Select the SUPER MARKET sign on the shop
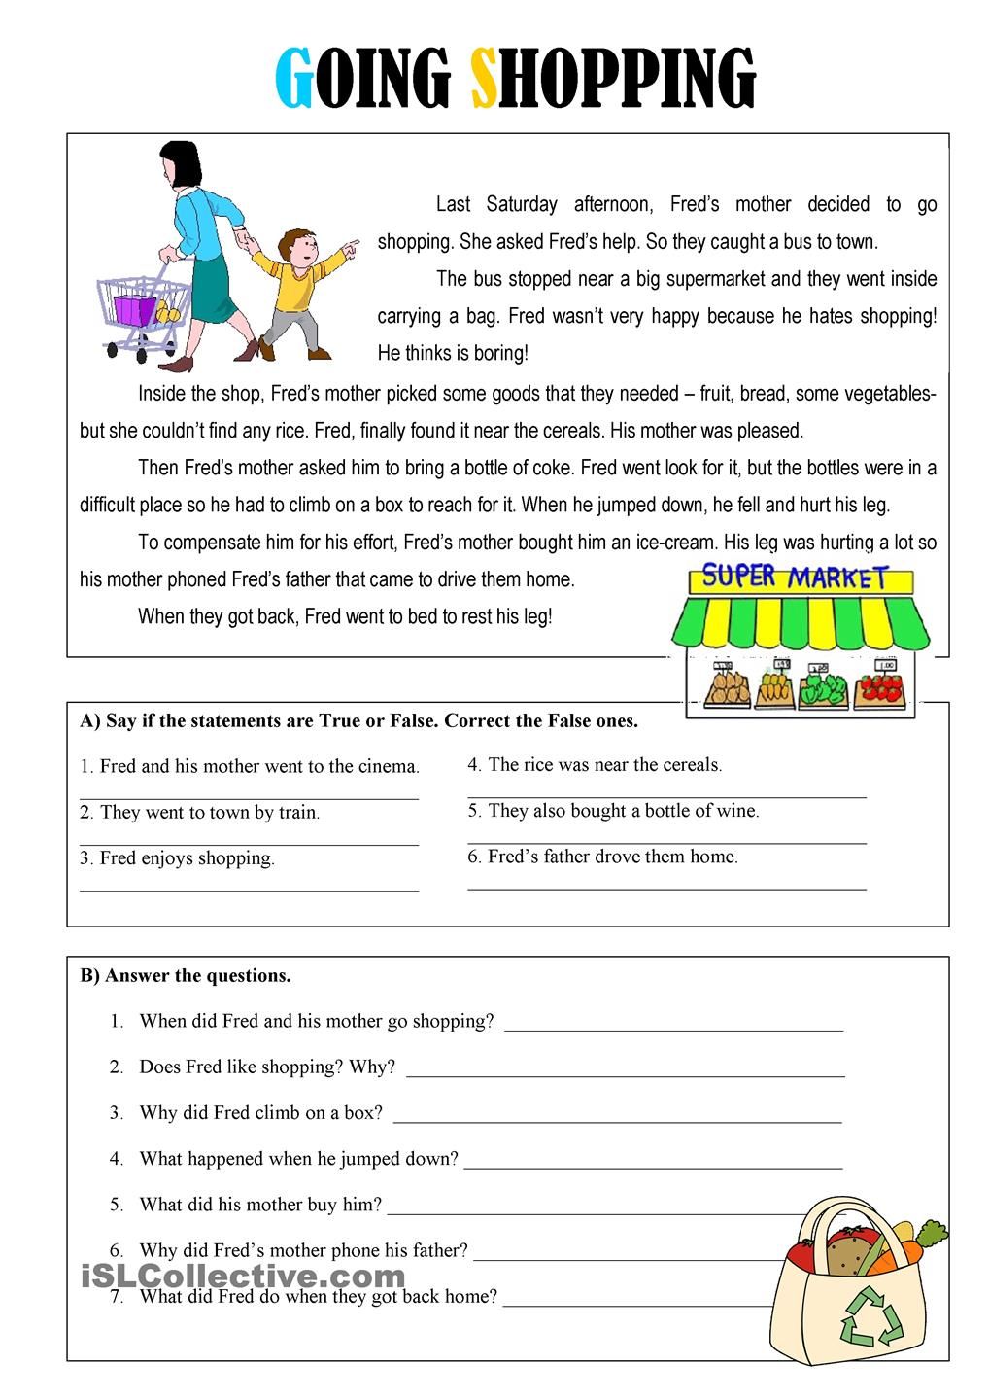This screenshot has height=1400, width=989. [795, 577]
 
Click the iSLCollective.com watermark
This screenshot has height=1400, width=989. [243, 1275]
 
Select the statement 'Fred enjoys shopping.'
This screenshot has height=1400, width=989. [177, 858]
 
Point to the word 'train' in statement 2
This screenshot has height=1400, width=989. [298, 813]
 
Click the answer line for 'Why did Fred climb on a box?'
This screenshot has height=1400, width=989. [617, 1121]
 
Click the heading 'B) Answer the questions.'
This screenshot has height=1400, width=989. [186, 975]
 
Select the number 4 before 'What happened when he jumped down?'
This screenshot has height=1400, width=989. [117, 1159]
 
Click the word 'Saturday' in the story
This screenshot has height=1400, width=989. [522, 204]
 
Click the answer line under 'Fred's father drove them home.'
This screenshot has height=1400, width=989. [666, 888]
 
